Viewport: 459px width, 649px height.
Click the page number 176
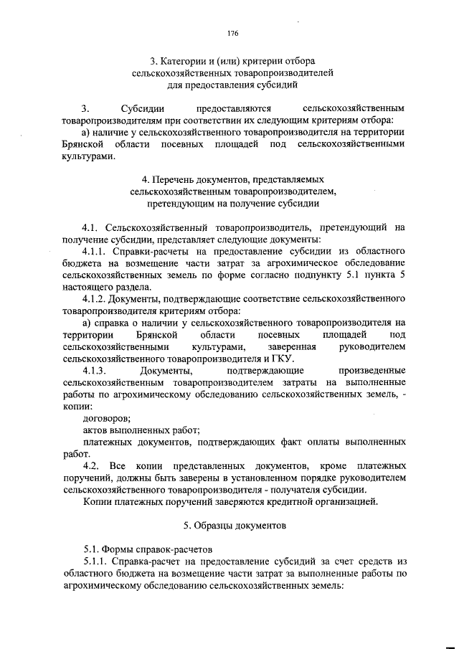[232, 34]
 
